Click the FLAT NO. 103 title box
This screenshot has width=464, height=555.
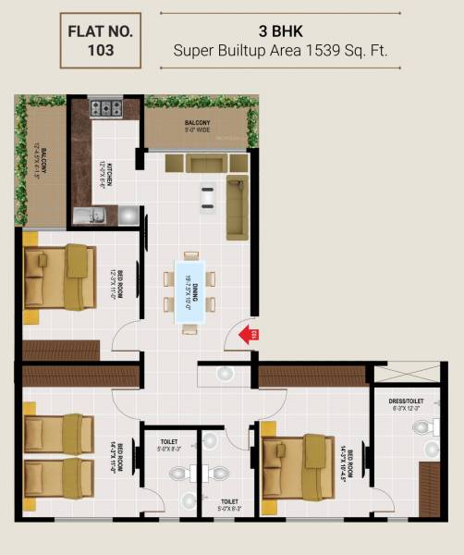(x=101, y=41)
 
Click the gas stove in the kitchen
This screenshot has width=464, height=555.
(x=106, y=108)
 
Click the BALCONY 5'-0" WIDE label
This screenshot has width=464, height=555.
(x=196, y=126)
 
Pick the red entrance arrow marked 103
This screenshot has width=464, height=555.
(x=249, y=334)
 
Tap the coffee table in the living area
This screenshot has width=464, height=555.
(x=208, y=196)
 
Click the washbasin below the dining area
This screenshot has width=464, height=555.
(x=225, y=374)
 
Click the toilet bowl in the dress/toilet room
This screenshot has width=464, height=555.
(x=426, y=427)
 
